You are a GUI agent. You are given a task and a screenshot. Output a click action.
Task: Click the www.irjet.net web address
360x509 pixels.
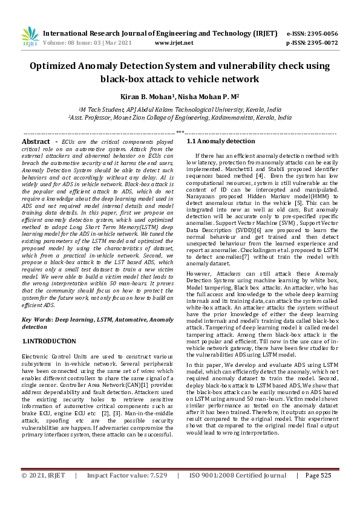pos(174,43)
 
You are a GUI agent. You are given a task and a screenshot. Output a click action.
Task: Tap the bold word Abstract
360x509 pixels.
pos(36,141)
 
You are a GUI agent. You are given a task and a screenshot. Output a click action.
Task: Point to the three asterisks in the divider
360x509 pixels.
pos(180,132)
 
